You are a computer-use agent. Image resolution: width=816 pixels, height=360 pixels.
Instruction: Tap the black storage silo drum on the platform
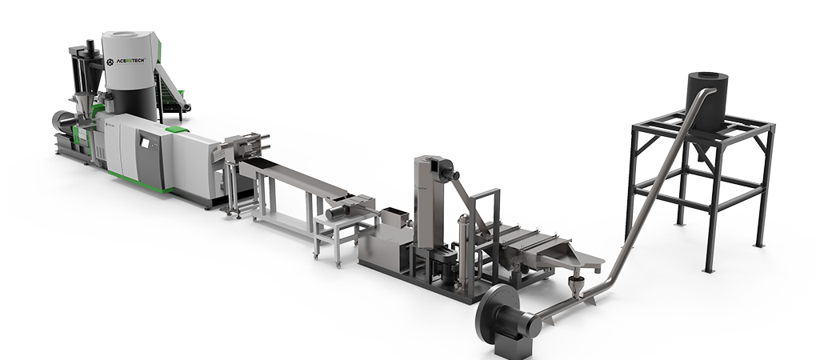click(x=708, y=97)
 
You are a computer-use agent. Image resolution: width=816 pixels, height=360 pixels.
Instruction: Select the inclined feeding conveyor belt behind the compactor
click(x=172, y=89)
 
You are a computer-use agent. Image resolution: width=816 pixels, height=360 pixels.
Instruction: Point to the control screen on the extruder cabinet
click(x=145, y=142)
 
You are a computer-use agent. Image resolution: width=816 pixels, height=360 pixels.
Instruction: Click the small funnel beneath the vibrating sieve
click(x=575, y=287)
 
